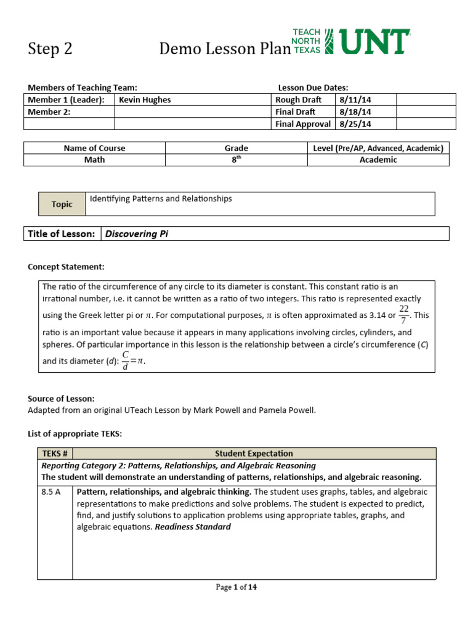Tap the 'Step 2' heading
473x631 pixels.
pos(51,49)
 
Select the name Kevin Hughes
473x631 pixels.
pos(145,100)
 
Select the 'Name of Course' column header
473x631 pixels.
pos(94,148)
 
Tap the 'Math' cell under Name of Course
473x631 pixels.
pos(94,160)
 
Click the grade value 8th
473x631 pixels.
pos(236,160)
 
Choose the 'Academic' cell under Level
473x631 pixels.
pos(378,160)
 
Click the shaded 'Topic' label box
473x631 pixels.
pos(62,204)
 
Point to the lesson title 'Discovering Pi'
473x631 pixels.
pos(137,234)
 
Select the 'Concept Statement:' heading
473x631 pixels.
pos(66,267)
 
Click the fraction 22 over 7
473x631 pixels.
pos(403,314)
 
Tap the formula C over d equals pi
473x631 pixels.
pos(135,360)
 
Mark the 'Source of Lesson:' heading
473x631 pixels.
pos(61,399)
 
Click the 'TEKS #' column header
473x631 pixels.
pos(55,454)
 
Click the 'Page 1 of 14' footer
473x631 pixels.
pos(236,587)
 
